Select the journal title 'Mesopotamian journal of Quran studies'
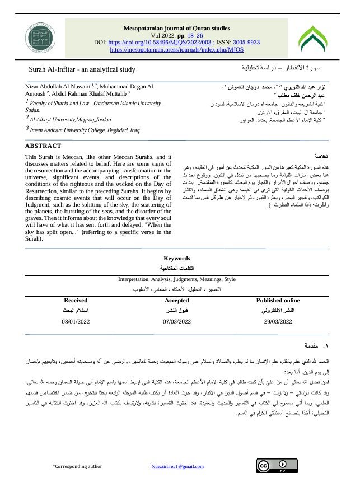[x=176, y=27]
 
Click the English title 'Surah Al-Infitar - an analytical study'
[x=82, y=69]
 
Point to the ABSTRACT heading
[x=44, y=146]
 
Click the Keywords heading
[x=176, y=259]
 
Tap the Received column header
[x=76, y=301]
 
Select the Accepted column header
[x=176, y=301]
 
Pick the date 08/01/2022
[x=76, y=321]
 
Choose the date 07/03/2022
[x=176, y=321]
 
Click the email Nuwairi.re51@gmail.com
[x=177, y=466]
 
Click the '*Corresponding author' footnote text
[x=77, y=466]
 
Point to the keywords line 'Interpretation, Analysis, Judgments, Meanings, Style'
[x=176, y=279]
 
